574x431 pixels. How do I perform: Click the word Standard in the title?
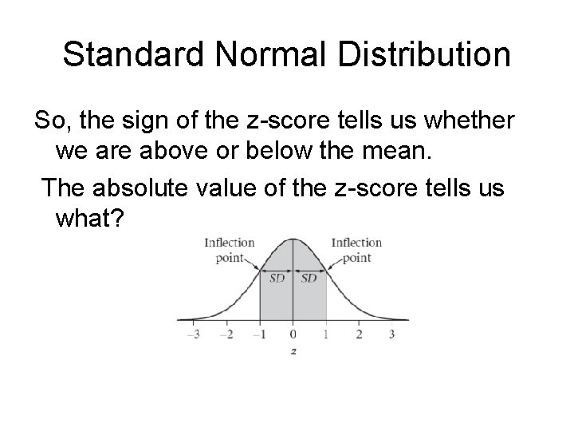point(131,54)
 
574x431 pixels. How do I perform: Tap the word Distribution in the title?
point(423,54)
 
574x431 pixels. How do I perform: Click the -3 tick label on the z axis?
point(193,334)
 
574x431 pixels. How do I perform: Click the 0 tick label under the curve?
point(293,334)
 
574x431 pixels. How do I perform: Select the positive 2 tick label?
point(359,334)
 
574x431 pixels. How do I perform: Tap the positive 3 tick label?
point(391,334)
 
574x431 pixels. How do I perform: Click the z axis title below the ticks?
point(293,351)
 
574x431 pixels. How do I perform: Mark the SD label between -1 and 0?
point(277,279)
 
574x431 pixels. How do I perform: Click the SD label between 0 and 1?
point(309,279)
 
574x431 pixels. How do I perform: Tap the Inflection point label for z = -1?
point(229,250)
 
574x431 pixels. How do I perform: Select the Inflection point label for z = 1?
point(356,250)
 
